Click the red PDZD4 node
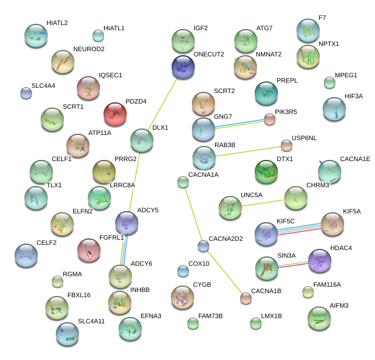pos(115,114)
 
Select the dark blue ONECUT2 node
pos(183,67)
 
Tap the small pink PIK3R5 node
pos(269,119)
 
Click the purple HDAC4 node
pos(319,261)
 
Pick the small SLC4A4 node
pos(26,92)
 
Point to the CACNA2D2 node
pos(203,246)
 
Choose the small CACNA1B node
pos(246,298)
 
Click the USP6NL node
pos(286,145)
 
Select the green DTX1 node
pos(266,172)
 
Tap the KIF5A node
pos(333,224)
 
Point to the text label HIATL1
pos(114,28)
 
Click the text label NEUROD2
pos(89,49)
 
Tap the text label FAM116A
pos(327,284)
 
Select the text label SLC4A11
pos(91,321)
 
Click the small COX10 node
pos(183,270)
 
